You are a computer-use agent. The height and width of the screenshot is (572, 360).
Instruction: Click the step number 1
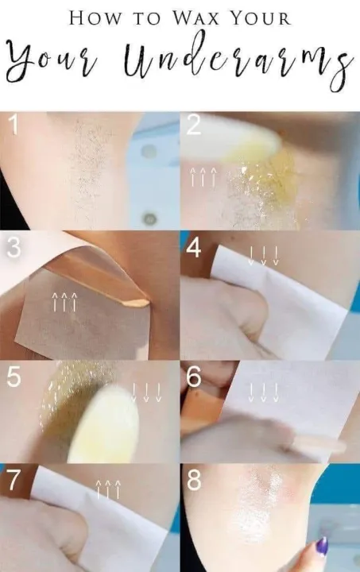[13, 125]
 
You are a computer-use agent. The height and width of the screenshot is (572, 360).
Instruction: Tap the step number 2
[194, 125]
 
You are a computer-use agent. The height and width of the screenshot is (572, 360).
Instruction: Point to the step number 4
[194, 248]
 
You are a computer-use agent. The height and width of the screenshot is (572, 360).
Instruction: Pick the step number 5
[14, 377]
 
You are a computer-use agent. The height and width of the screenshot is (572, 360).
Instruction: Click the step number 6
[194, 377]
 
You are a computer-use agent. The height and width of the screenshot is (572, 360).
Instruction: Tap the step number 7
[14, 481]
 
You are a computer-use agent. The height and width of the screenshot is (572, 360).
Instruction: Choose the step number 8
[194, 480]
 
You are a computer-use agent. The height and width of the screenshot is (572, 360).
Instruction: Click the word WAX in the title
[195, 17]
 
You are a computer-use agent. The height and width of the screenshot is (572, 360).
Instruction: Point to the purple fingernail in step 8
[321, 547]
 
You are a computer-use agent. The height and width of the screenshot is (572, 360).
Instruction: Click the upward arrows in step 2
[203, 176]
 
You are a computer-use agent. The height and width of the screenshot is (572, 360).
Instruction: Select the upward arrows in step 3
[64, 302]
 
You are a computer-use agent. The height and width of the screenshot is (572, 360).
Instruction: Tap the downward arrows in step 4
[263, 255]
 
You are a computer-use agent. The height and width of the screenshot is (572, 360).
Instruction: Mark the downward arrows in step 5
[146, 392]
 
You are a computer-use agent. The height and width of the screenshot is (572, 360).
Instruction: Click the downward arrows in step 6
[263, 392]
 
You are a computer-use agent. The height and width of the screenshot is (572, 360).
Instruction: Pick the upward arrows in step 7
[108, 489]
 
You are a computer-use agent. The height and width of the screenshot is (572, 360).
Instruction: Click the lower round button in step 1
[149, 218]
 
